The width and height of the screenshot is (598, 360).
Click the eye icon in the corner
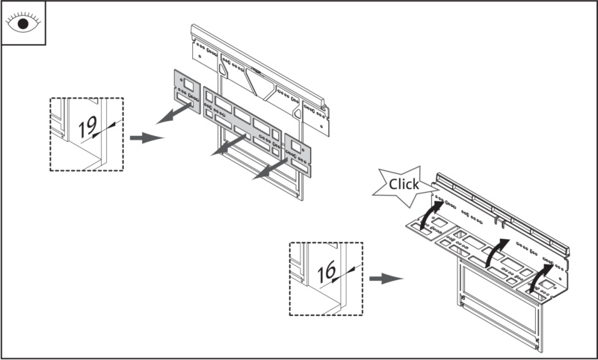point(22,23)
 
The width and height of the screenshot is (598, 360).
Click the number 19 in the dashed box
point(87,128)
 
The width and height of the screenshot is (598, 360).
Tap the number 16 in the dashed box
point(326,273)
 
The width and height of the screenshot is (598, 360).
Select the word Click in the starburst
point(404,184)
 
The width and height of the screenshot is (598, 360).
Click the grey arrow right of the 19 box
point(147,138)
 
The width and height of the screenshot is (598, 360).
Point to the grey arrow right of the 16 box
point(386,279)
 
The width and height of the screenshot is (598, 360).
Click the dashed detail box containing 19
point(86,134)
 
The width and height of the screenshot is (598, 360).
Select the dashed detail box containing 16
point(326,278)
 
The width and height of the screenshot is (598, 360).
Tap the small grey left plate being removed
point(187,91)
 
